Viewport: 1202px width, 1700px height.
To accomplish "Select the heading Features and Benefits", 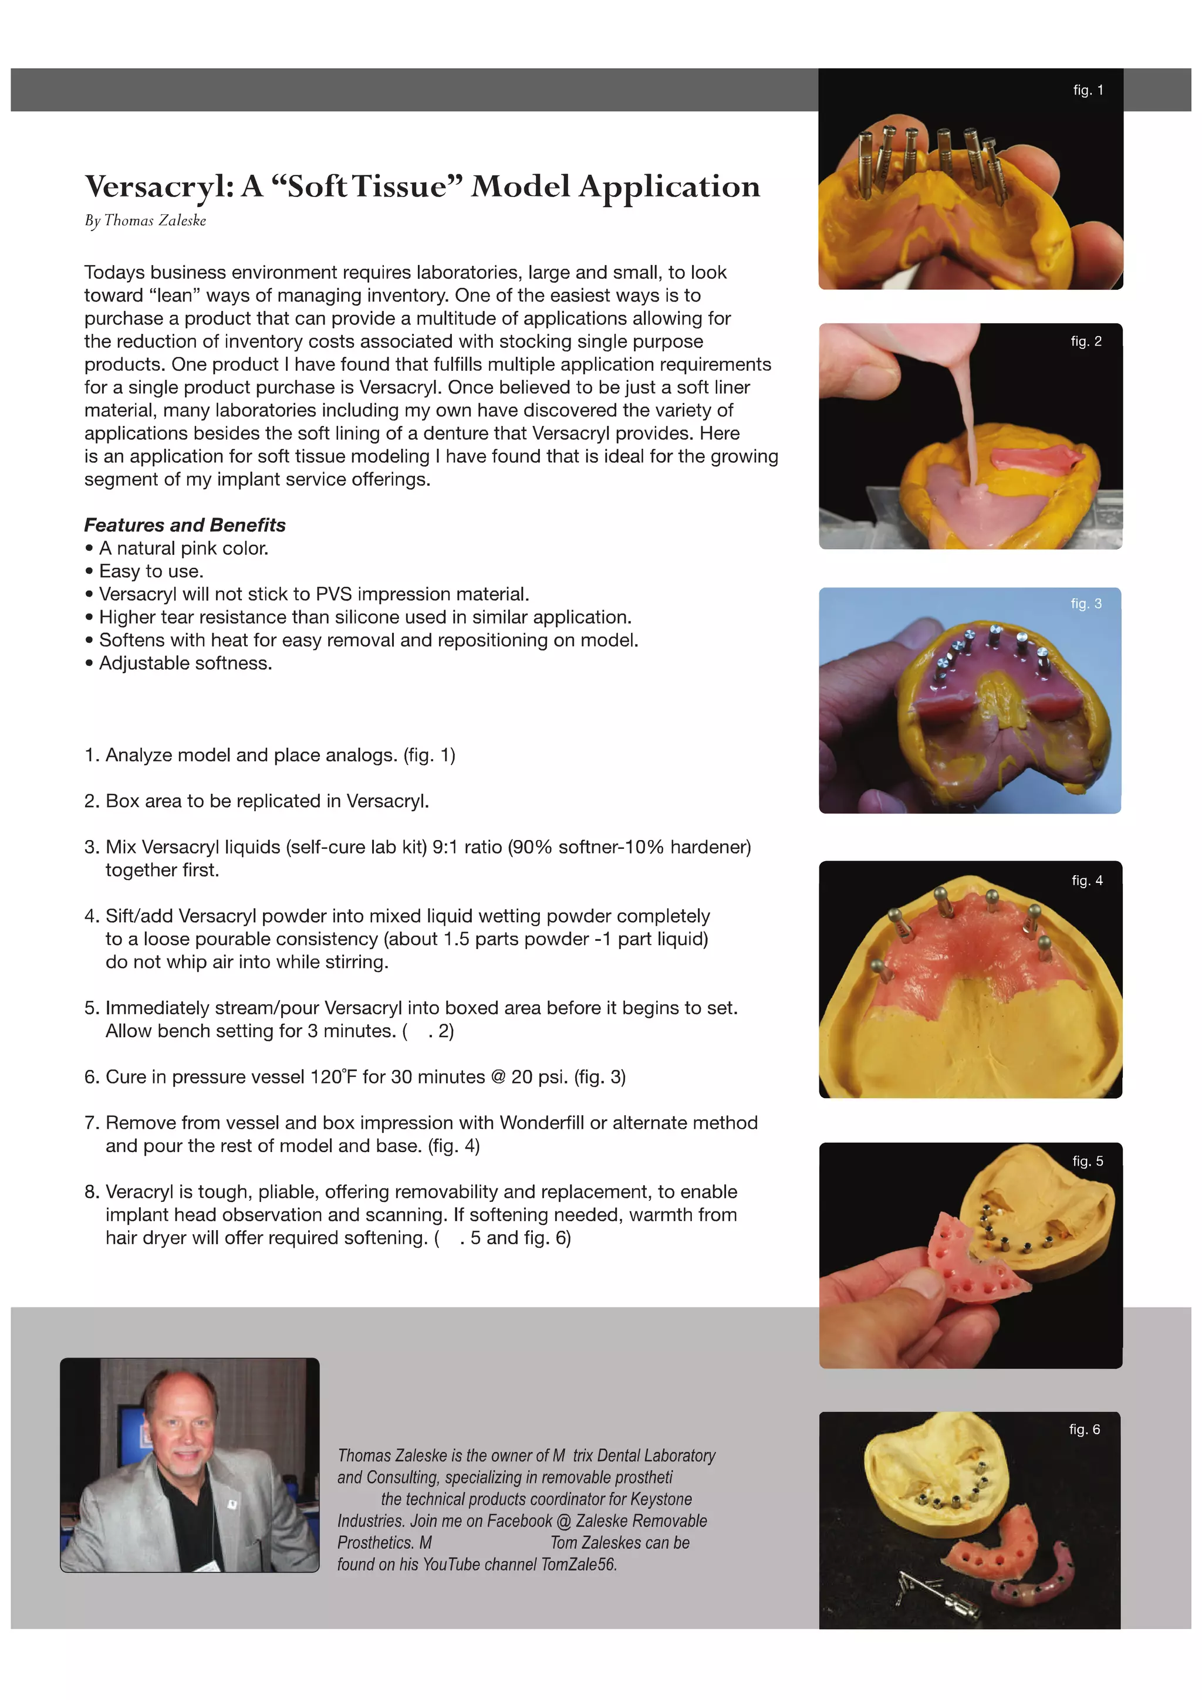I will (184, 525).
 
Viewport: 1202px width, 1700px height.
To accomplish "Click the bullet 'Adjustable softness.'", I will (185, 663).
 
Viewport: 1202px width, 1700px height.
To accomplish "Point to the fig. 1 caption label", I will (1087, 90).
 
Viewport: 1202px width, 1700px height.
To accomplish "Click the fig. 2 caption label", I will (1086, 341).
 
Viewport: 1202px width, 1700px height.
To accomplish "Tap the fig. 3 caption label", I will (1086, 604).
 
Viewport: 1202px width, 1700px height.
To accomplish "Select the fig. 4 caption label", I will (1086, 881).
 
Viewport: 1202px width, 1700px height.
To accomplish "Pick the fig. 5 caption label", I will (1087, 1161).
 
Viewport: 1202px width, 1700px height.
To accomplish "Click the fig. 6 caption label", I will (1084, 1429).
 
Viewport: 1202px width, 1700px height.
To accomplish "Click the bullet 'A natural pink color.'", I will (183, 548).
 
